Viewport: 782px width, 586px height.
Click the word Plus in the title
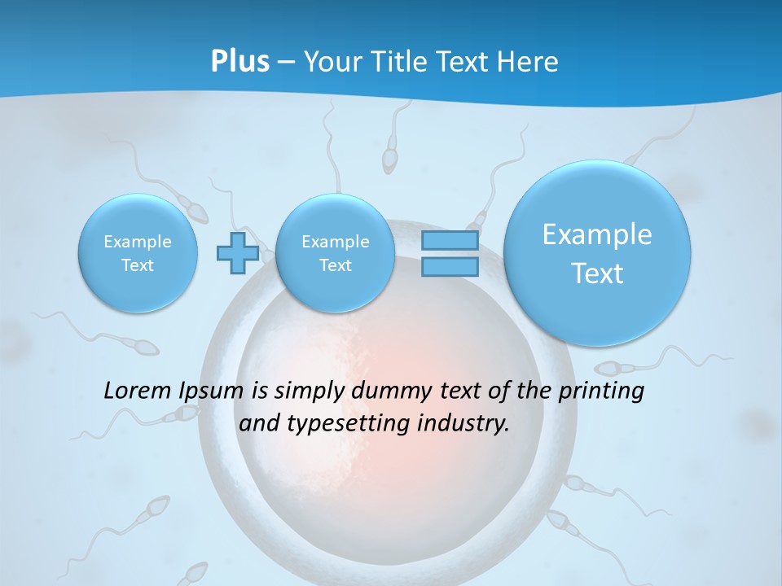[239, 61]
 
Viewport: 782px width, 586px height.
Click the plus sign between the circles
[237, 253]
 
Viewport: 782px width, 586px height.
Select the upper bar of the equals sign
[449, 242]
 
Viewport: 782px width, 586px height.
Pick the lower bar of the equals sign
[449, 267]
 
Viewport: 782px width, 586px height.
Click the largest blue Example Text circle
[597, 252]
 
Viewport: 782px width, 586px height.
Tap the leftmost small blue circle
[138, 253]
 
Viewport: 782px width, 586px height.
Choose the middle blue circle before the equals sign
[335, 253]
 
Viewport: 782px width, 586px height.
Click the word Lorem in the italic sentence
[134, 391]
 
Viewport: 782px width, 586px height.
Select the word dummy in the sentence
[386, 391]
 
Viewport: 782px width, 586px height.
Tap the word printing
[603, 391]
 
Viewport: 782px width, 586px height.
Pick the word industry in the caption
[468, 424]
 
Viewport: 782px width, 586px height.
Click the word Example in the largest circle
[597, 234]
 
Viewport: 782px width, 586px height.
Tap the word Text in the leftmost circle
[138, 265]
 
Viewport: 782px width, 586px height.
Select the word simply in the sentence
[310, 391]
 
